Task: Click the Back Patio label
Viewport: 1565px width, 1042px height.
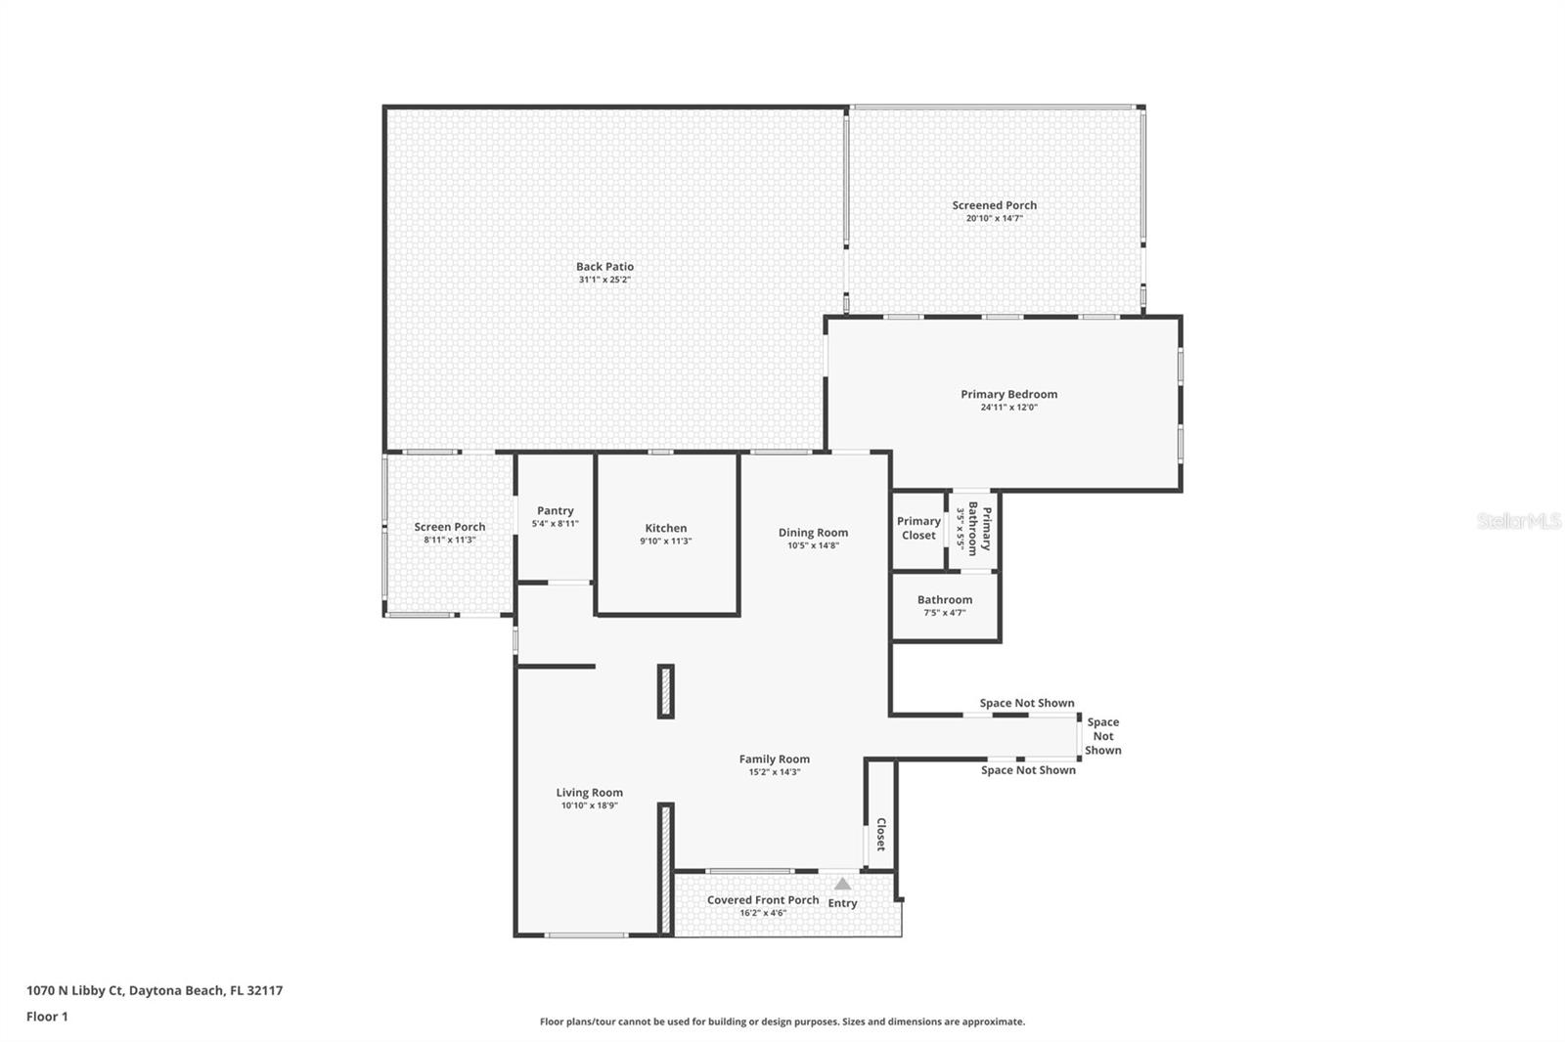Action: [x=604, y=266]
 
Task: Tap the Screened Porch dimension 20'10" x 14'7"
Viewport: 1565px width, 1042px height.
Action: [x=994, y=219]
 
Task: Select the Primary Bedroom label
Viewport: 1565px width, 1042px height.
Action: [x=1008, y=394]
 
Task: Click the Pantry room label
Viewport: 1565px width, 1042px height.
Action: [x=555, y=510]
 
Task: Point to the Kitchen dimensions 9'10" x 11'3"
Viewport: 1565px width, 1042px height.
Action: [x=665, y=542]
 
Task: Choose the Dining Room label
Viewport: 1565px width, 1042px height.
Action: [x=813, y=533]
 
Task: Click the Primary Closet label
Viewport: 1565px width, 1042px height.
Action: [x=918, y=528]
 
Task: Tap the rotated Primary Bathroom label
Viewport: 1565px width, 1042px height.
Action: [x=979, y=530]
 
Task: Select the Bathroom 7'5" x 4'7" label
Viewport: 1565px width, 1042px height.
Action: [x=944, y=600]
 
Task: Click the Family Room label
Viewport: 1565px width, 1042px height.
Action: [x=774, y=759]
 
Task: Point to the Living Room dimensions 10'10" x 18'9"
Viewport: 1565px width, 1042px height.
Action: [x=589, y=806]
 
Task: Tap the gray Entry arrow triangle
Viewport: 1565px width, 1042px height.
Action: [x=842, y=884]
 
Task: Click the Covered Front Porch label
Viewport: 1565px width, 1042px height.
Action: [x=763, y=900]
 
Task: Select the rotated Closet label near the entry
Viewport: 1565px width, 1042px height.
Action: [x=880, y=835]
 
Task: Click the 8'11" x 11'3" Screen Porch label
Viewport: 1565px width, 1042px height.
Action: [x=449, y=540]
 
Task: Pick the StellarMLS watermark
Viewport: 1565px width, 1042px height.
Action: [x=1518, y=521]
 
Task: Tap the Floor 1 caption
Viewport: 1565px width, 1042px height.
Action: [x=47, y=1017]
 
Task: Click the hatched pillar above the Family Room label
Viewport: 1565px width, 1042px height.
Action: [x=665, y=691]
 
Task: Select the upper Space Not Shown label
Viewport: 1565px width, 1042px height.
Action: [x=1026, y=703]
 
